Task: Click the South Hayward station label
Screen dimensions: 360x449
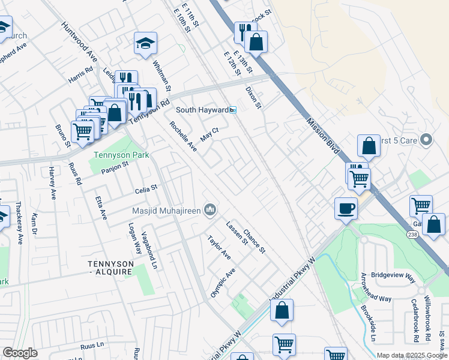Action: [202, 110]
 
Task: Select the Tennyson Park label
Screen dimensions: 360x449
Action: [119, 155]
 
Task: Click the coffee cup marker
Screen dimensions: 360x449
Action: [346, 208]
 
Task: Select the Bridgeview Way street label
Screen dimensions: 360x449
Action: [394, 277]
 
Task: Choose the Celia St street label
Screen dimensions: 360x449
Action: [145, 188]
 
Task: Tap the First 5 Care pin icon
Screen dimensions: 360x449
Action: [426, 140]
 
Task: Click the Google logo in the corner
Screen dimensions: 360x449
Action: [20, 353]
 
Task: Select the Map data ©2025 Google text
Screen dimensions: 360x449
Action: [412, 356]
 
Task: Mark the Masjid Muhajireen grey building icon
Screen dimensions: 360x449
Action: [210, 209]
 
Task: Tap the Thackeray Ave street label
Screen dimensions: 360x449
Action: [19, 222]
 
